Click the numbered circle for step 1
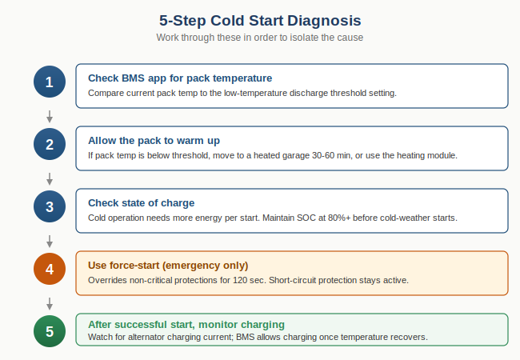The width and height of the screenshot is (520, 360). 50,82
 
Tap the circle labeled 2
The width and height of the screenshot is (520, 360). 50,144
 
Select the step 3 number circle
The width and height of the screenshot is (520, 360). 50,206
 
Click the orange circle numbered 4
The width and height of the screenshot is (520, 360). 50,269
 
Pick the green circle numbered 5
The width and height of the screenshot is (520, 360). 50,331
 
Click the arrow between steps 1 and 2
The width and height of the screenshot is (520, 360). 50,117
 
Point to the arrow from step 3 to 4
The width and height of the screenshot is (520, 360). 50,242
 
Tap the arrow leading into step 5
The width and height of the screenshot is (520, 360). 50,304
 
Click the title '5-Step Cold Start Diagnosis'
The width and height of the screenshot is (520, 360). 260,21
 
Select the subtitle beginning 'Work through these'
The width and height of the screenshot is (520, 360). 260,38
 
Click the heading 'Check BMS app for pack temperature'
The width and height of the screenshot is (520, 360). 180,78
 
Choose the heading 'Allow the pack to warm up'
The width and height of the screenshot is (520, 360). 154,141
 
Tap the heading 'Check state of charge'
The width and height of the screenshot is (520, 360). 142,203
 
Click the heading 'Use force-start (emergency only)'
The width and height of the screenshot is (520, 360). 168,265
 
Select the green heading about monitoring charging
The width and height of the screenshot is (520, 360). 186,325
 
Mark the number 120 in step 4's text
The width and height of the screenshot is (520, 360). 240,280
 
